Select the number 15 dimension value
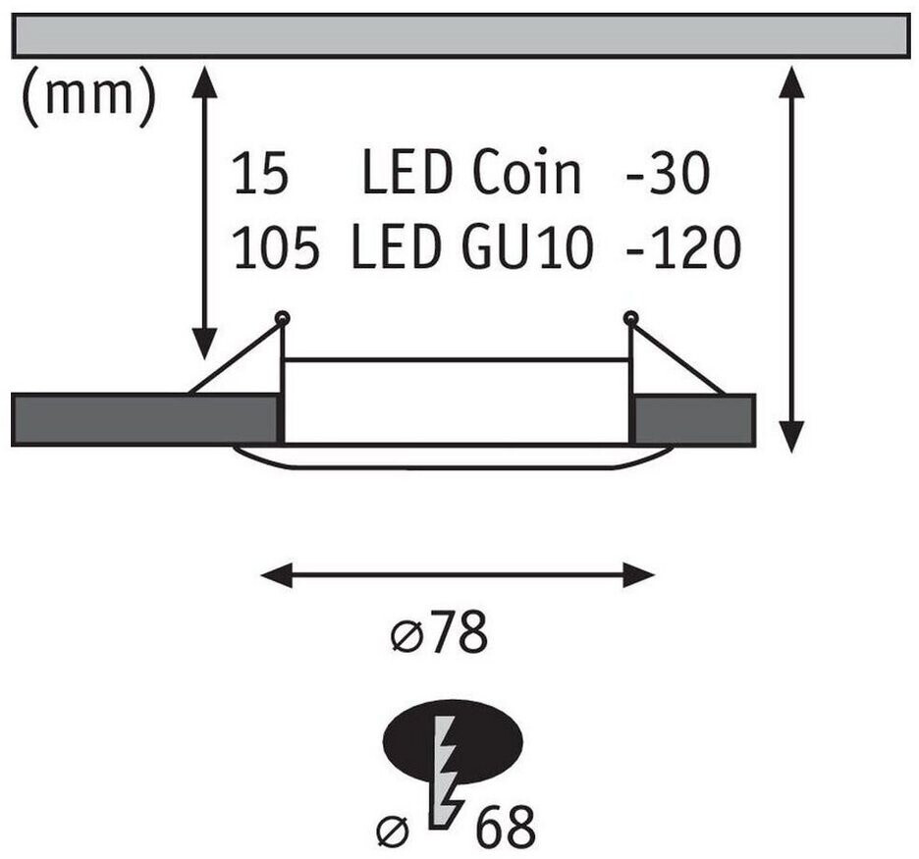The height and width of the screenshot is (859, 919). pos(261,172)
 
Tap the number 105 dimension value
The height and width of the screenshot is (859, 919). pos(277,246)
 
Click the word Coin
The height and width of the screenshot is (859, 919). pos(526,172)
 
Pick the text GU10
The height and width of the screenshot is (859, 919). pos(527,246)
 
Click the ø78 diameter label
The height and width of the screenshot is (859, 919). pos(439,632)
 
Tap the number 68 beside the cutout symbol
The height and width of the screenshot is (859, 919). pos(506,827)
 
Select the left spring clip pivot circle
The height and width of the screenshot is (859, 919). pos(283,318)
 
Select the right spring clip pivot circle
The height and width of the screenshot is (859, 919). pos(630,318)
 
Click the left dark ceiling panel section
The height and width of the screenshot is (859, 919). pos(144,420)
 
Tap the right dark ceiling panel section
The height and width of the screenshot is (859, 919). pos(695,419)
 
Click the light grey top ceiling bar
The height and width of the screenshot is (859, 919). pos(460,35)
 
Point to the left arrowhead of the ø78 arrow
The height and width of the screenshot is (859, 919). pos(276,575)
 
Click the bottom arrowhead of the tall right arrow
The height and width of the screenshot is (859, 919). pos(791,437)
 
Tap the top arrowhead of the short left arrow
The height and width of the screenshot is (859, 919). pos(204,82)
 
